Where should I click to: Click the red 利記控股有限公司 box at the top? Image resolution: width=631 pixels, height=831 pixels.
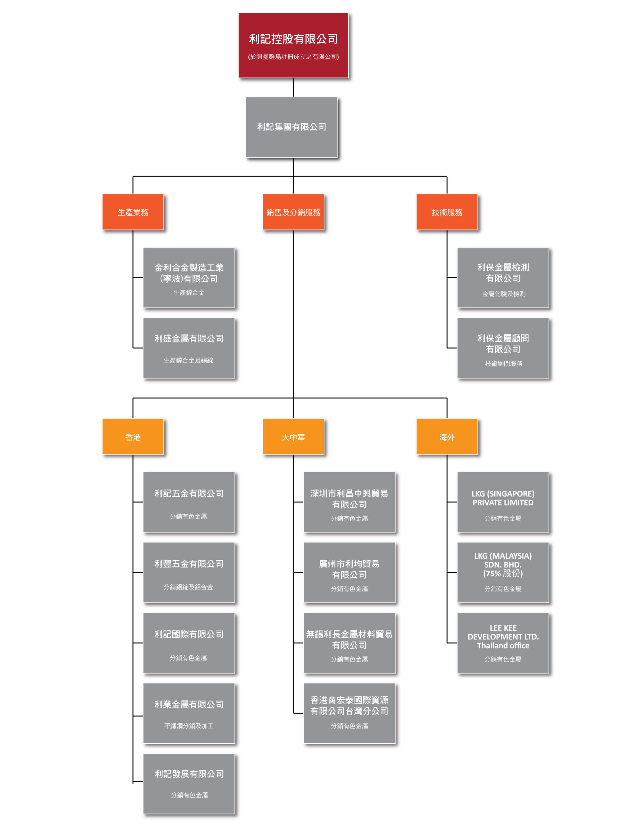pos(293,45)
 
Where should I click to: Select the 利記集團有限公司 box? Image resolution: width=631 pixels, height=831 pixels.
pos(291,127)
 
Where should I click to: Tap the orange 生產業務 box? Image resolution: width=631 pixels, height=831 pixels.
pos(133,212)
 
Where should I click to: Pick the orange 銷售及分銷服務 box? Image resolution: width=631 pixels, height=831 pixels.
pos(293,212)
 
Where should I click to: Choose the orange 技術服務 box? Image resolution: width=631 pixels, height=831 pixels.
pos(447,212)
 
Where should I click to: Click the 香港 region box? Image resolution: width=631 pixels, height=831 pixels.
pos(133,437)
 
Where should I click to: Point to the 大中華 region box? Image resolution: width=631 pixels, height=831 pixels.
pos(293,437)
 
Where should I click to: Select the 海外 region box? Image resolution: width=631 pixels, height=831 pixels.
pos(447,437)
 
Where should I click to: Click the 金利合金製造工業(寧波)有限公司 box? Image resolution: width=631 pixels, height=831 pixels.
pos(189,278)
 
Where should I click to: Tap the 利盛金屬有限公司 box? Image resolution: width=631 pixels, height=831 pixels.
pos(189,348)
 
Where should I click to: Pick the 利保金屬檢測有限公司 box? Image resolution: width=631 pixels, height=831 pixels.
pos(503,278)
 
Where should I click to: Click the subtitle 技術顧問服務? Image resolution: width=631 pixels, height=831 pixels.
pos(504,364)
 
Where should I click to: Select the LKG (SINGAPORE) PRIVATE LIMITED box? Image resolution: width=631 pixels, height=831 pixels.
pos(503,502)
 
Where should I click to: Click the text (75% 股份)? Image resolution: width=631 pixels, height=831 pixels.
pos(503,573)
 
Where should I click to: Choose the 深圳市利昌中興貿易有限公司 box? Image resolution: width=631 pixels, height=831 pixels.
pos(349,502)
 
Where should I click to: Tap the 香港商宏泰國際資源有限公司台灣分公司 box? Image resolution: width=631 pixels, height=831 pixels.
pos(349,713)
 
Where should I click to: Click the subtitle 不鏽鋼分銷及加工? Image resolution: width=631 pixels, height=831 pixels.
pos(189,726)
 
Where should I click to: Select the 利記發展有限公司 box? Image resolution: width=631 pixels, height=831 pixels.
pos(189,784)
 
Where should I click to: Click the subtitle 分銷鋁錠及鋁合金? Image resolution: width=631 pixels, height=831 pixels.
pos(188,587)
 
